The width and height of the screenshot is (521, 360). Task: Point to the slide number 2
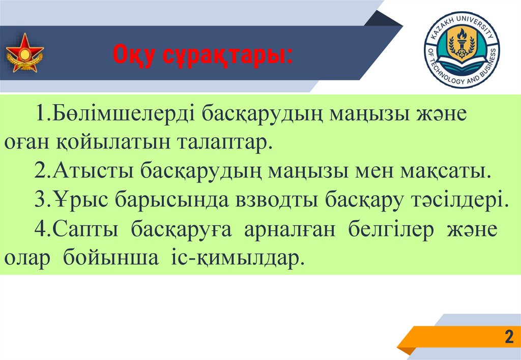(x=508, y=337)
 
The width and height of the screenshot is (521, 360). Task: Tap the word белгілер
(x=391, y=229)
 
